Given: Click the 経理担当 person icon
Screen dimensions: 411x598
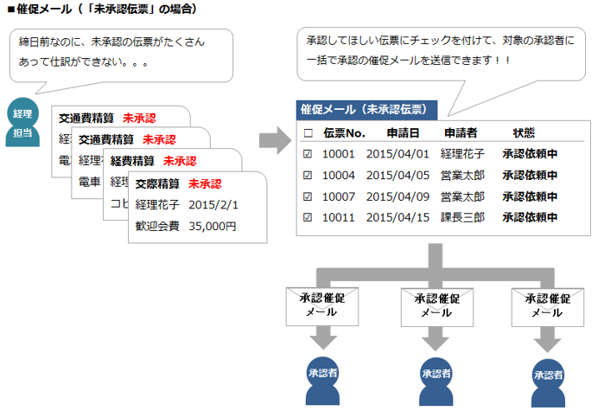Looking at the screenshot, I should pos(22,122).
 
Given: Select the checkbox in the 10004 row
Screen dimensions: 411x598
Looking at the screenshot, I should pos(308,175).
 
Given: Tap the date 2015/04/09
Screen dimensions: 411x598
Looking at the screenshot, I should pos(398,196).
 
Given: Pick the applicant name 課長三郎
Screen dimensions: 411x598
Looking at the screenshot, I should pos(462,216).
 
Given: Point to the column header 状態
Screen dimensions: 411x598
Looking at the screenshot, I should pos(524,133).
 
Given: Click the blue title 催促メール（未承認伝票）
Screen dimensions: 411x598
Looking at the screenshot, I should pos(364,110).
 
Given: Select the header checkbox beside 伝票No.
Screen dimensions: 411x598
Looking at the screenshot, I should pos(308,133).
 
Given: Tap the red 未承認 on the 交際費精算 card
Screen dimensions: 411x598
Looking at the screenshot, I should pos(205,183).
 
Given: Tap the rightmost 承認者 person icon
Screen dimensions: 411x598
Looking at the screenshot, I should pos(549,378).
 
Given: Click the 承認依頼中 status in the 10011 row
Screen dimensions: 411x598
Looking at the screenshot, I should pos(529,216).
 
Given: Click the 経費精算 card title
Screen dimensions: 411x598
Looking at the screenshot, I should pos(132,161).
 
